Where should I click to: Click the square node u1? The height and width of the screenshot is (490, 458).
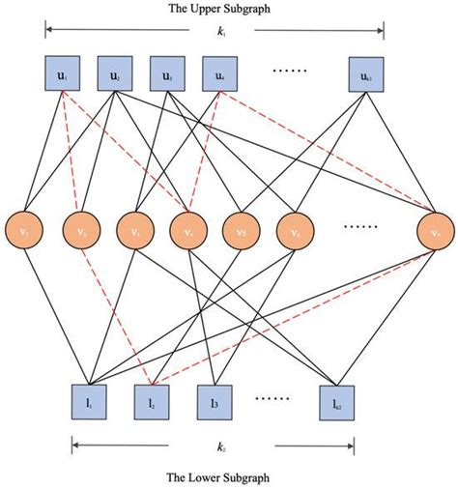coord(60,74)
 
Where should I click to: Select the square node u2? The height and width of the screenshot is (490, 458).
coord(116,74)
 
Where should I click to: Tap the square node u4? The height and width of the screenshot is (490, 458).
coord(220,74)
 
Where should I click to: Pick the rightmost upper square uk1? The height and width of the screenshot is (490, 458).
coord(366,74)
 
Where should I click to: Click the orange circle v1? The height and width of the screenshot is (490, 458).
coord(26,231)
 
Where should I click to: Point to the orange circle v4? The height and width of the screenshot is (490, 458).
coord(186,231)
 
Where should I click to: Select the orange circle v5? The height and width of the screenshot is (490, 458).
coord(240,231)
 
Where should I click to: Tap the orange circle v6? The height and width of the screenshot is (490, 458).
coord(293,231)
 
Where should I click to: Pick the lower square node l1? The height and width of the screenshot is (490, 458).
coord(90,399)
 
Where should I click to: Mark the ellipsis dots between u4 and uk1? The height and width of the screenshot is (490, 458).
coord(290,72)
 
